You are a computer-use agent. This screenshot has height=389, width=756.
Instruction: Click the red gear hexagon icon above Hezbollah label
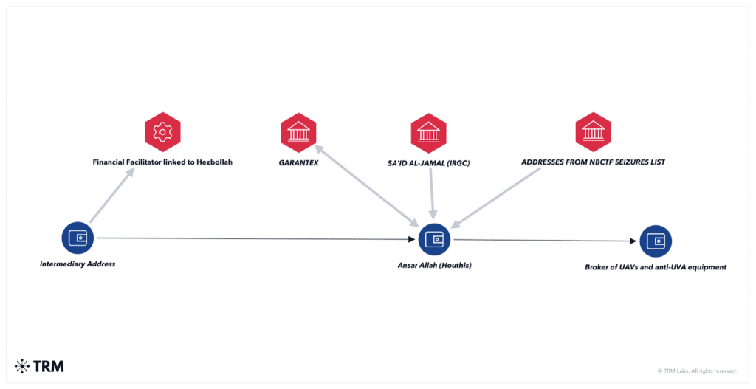coord(163,132)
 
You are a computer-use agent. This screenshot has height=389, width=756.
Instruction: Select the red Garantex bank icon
coord(298,133)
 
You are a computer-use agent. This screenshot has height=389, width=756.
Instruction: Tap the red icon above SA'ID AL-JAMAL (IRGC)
coord(429,133)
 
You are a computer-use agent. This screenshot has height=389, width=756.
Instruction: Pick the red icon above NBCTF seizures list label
coord(593,132)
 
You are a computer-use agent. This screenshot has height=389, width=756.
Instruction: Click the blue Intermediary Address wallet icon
coord(78,238)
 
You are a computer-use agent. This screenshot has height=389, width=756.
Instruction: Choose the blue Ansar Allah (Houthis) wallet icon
coord(434,239)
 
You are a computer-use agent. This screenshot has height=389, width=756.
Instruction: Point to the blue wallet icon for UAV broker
coord(656,241)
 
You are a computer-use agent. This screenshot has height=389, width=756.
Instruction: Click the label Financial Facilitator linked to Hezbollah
coord(162,162)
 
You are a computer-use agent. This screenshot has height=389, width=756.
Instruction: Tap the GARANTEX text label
coord(298,163)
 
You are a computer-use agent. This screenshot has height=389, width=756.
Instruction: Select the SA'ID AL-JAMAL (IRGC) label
coord(429,163)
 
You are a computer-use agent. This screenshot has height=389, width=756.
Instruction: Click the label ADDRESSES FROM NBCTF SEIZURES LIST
coord(593,162)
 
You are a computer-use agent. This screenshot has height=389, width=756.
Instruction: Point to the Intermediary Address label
coord(78,264)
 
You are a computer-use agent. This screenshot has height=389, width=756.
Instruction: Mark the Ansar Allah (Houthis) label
coord(434,266)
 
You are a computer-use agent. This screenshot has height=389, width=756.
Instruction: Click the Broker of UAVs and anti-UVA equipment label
coord(656,267)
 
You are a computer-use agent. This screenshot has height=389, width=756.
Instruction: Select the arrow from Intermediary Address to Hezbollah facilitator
coord(112,195)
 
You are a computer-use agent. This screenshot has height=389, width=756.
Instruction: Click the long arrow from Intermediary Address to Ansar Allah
coord(256,238)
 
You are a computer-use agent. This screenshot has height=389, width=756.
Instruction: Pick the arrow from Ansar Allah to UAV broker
coord(546,241)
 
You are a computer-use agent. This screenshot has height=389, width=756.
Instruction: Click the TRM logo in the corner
coord(40,366)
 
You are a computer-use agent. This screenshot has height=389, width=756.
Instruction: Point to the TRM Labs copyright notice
coord(697,371)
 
